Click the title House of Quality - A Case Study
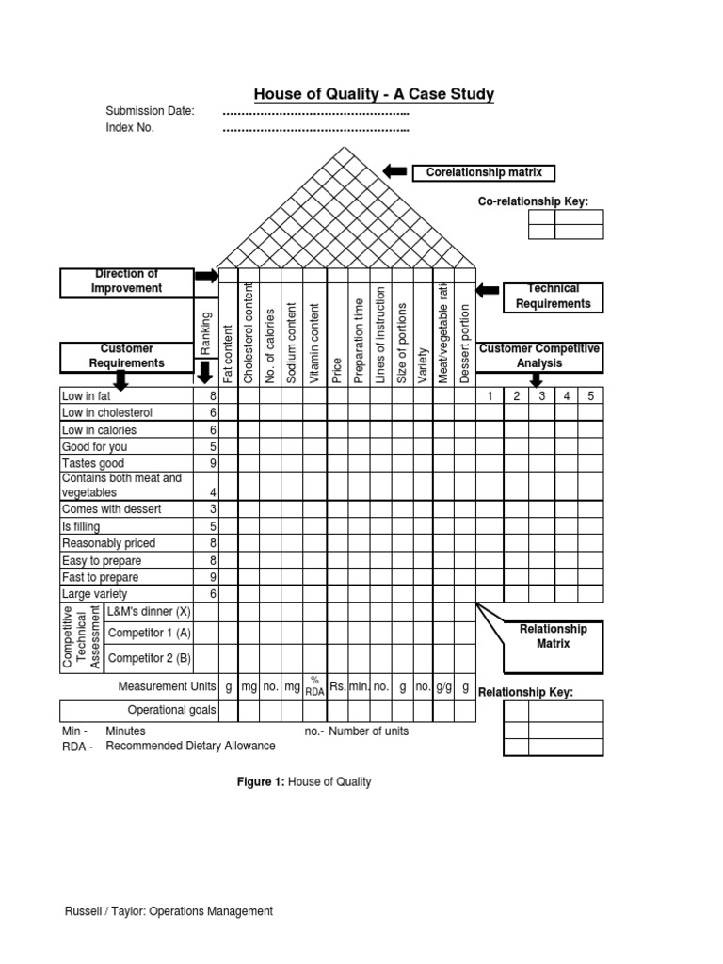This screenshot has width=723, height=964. click(x=374, y=94)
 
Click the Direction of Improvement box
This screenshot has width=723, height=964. click(x=126, y=281)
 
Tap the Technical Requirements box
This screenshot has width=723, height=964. click(x=553, y=297)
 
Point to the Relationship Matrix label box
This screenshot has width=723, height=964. click(x=554, y=636)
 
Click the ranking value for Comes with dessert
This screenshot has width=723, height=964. click(x=213, y=509)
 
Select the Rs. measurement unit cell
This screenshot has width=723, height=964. click(x=338, y=688)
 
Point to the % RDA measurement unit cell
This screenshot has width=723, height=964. click(x=315, y=688)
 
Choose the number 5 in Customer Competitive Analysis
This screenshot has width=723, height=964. click(x=590, y=396)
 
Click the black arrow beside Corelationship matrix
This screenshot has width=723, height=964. click(x=395, y=171)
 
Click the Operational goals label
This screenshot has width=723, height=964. click(x=171, y=711)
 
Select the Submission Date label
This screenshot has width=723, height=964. click(x=151, y=111)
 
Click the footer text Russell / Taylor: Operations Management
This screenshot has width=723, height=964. click(x=169, y=911)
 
